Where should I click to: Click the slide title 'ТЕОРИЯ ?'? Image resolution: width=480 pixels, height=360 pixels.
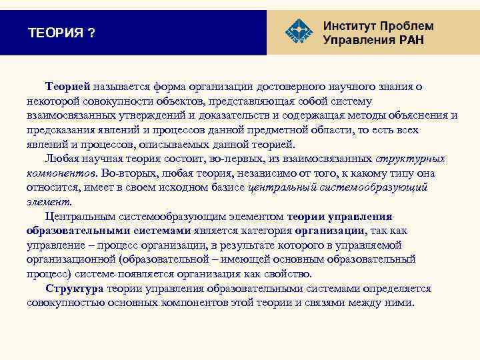[x=61, y=33]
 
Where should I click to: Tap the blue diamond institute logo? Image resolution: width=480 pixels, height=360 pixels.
[x=297, y=31]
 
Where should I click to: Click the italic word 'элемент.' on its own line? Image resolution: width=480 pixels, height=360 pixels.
[x=49, y=202]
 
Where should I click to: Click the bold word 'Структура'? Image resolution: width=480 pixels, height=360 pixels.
[x=74, y=289]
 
